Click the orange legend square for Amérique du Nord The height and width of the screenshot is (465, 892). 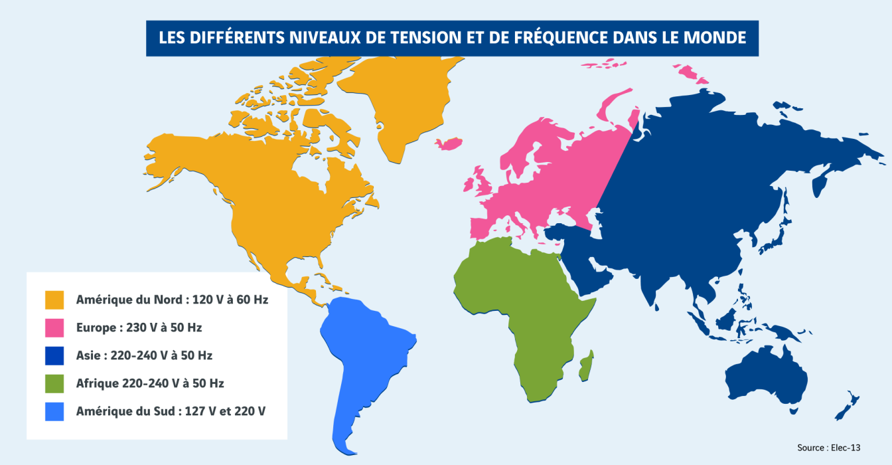pyautogui.click(x=54, y=300)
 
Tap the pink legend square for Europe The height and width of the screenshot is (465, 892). pyautogui.click(x=54, y=327)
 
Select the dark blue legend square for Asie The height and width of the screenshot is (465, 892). pyautogui.click(x=54, y=355)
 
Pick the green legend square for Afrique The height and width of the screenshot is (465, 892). pyautogui.click(x=54, y=383)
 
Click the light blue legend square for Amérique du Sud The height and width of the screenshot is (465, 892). pyautogui.click(x=54, y=411)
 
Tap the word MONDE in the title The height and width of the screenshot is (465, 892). pyautogui.click(x=719, y=38)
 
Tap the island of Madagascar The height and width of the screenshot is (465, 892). pyautogui.click(x=585, y=367)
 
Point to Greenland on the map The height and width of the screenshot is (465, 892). pyautogui.click(x=398, y=100)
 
